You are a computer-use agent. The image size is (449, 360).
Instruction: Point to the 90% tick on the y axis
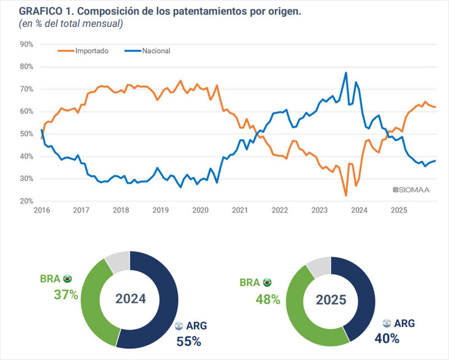click(x=26, y=44)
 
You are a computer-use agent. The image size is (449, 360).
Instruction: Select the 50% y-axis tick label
click(x=26, y=134)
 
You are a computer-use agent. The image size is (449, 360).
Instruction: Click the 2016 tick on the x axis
click(x=42, y=210)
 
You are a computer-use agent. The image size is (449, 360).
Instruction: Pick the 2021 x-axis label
click(x=240, y=210)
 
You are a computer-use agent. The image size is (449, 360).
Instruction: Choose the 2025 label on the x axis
click(x=398, y=210)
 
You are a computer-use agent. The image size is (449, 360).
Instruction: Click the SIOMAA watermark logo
click(x=411, y=190)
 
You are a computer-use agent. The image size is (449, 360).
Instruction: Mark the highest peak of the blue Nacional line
click(x=346, y=72)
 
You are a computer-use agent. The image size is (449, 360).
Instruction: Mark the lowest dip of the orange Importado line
click(x=346, y=196)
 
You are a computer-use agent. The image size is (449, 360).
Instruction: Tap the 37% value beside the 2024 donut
click(x=66, y=294)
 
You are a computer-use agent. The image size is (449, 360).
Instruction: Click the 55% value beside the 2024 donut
click(x=189, y=340)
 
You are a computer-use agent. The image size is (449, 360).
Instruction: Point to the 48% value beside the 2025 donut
click(x=268, y=299)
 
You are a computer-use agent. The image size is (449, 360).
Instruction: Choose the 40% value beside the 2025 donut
click(x=387, y=338)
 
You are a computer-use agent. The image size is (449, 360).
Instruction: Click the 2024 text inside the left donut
click(x=131, y=299)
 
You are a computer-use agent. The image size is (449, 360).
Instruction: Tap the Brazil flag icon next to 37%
click(x=68, y=279)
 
